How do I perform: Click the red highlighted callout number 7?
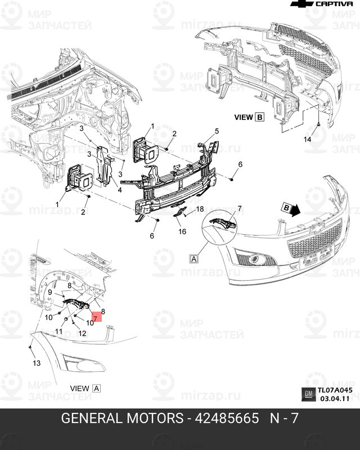pos(96,318)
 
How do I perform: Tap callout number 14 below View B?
pos(307,138)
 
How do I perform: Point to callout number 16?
pos(182,231)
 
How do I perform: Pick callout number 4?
pos(119,190)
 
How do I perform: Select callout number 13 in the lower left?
pos(37,363)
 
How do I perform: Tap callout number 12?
pos(82,334)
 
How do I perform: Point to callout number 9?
pos(49,292)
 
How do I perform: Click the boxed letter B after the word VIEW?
pos(259,117)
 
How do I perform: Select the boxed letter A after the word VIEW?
pos(96,388)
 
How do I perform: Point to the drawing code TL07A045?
pos(335,390)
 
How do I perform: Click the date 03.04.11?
pos(335,398)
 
